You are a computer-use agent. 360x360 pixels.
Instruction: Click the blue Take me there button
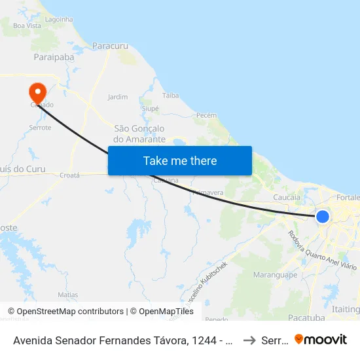tap(179, 160)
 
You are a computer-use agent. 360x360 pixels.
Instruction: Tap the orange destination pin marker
tap(37, 92)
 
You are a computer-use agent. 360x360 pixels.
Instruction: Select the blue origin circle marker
tap(322, 216)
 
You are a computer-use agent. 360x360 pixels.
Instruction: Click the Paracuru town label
tap(110, 46)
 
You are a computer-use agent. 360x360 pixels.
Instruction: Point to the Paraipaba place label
tap(54, 58)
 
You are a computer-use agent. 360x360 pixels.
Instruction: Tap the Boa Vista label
tap(27, 26)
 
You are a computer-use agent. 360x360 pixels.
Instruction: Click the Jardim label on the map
tap(118, 97)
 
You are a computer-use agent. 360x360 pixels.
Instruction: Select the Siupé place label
tap(150, 108)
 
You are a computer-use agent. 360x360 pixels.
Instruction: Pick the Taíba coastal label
tap(170, 96)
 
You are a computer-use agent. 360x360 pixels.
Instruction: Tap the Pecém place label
tap(206, 115)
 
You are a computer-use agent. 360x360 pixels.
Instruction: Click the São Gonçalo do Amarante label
tap(139, 134)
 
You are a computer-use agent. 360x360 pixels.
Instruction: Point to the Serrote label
tap(40, 128)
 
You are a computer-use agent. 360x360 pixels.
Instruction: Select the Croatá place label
tap(69, 175)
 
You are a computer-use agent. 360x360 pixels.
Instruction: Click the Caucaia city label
tap(287, 196)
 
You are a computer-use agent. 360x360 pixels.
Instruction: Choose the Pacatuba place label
tap(306, 317)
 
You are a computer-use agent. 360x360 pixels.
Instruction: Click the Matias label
tap(67, 295)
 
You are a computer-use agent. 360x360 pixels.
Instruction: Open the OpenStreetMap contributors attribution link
tap(65, 312)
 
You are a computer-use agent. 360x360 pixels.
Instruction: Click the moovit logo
tap(321, 339)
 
